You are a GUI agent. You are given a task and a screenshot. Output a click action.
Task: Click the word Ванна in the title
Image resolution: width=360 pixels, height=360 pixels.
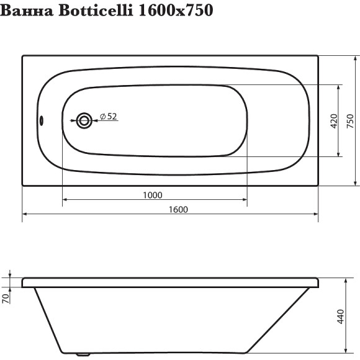point(27,11)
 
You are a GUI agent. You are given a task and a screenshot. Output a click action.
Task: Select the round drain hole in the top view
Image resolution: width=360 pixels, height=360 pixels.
point(83,120)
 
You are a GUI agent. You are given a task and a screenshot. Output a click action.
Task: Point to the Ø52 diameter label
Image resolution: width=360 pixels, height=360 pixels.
point(109,116)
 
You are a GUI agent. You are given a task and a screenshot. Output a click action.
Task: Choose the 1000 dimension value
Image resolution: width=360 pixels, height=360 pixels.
point(152,195)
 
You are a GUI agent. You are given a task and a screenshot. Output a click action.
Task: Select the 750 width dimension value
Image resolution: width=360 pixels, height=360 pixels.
point(350,120)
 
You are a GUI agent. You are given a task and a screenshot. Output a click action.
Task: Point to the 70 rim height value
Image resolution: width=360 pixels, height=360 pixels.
point(6,298)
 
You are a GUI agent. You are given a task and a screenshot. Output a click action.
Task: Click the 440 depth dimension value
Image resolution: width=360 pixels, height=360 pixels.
point(340,317)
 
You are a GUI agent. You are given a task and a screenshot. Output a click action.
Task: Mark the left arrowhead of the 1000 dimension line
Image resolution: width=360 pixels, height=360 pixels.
point(66,200)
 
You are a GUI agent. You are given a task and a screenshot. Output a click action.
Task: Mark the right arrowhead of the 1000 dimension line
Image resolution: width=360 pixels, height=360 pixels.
point(245,200)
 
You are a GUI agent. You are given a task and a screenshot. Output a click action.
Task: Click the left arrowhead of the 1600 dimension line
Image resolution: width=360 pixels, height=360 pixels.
point(26,215)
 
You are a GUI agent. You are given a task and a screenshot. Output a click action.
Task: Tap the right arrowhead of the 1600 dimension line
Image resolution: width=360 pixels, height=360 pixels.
point(315,215)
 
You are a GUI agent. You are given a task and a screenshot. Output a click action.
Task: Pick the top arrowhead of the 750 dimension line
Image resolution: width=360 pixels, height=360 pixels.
point(356,59)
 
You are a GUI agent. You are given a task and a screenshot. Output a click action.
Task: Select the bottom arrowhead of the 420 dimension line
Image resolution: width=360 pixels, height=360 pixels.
point(339,153)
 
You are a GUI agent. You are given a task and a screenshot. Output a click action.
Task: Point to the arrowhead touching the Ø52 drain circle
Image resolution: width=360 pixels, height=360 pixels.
point(94,120)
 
